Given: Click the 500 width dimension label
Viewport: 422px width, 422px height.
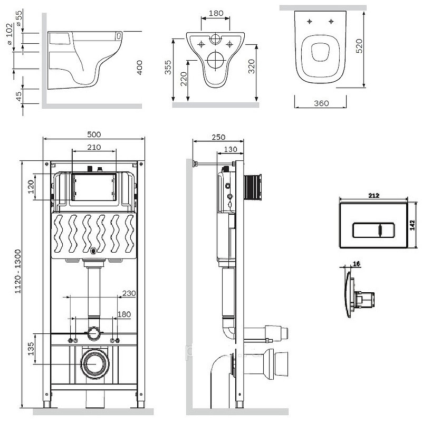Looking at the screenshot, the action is (94, 134).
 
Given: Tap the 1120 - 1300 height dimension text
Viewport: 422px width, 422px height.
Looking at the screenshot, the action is (18, 271).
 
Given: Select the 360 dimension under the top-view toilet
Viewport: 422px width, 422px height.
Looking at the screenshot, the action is (321, 103).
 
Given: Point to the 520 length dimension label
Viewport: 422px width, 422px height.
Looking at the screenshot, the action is (359, 46).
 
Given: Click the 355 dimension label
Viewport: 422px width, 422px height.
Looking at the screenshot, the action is (168, 68).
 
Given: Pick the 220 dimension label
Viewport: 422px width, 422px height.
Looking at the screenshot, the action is (184, 79).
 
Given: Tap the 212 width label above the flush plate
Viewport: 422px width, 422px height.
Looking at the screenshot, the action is (374, 196).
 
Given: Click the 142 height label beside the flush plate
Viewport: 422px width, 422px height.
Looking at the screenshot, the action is (413, 225).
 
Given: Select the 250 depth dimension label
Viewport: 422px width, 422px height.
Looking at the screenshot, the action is (218, 137).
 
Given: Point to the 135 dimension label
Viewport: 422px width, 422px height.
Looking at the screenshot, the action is (31, 349).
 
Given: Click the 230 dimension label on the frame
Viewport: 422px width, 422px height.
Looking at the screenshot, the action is (129, 293).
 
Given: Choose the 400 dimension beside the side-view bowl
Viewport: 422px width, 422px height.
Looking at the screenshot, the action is (139, 68).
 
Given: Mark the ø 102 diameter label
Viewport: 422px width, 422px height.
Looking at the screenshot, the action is (9, 34).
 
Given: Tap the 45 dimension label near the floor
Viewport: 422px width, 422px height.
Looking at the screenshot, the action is (18, 97).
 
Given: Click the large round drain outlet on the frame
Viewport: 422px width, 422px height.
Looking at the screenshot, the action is (95, 363).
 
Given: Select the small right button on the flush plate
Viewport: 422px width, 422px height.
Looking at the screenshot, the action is (387, 231).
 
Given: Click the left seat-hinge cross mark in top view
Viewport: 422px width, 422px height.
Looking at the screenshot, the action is (310, 21).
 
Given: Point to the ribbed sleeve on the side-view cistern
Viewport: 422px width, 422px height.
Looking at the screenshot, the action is (253, 187).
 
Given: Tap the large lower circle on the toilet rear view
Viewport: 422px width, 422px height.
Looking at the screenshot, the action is (216, 60).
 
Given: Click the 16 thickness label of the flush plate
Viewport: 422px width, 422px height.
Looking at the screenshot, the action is (357, 264).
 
